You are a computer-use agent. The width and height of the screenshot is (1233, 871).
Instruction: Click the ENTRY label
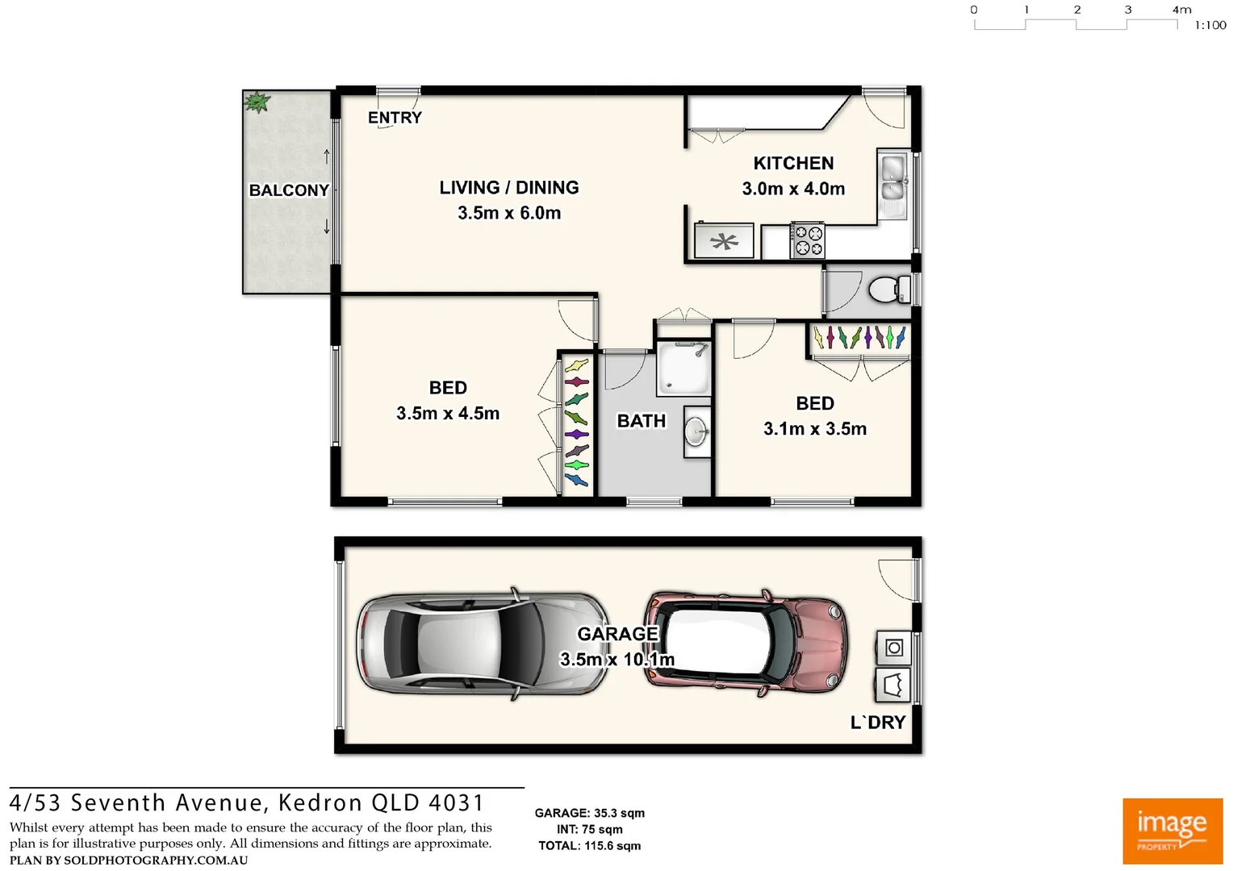point(395,118)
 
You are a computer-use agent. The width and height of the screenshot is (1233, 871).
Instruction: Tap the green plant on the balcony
point(257,102)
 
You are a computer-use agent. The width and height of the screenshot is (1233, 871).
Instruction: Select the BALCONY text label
point(289,190)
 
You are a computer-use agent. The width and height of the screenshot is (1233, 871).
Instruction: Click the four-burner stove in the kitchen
point(808,240)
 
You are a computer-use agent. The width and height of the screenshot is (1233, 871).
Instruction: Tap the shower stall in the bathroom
point(683,369)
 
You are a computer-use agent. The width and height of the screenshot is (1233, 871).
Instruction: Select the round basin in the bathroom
point(696,432)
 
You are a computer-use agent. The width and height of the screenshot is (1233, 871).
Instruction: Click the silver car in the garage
point(483,643)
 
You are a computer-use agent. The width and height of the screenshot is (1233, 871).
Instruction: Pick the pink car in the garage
point(746,642)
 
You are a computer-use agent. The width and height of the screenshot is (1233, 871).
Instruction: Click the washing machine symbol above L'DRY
point(893,648)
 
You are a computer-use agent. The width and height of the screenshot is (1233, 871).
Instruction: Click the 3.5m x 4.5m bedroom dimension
point(448,414)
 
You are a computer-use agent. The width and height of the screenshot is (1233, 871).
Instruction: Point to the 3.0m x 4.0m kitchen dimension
point(793,189)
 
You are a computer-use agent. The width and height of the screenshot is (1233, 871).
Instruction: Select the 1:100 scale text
point(1210,26)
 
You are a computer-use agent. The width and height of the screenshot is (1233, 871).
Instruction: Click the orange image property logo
point(1172,831)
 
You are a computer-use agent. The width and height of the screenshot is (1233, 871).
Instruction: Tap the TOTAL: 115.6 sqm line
point(589,846)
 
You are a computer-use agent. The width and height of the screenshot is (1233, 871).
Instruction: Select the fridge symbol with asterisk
point(724,241)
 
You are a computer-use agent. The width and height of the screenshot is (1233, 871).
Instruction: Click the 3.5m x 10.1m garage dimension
point(617,660)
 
